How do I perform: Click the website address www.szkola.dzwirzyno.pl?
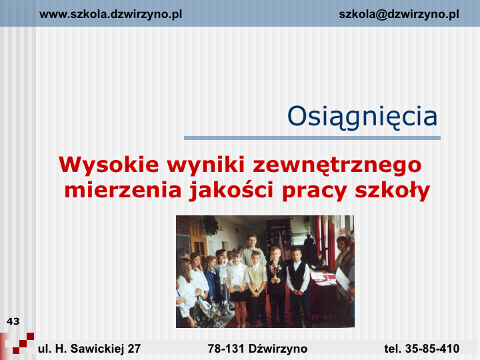(111, 15)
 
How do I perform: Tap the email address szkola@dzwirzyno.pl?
(399, 15)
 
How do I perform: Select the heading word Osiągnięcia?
(362, 117)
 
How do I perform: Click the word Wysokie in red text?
(109, 165)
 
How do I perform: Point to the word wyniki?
(206, 165)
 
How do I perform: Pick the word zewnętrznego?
(337, 165)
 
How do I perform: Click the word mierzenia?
(123, 190)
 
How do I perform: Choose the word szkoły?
(393, 191)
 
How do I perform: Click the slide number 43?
(13, 321)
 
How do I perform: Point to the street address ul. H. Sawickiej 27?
(89, 349)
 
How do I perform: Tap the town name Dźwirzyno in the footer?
(278, 349)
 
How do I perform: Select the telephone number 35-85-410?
(432, 349)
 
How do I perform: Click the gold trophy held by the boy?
(275, 271)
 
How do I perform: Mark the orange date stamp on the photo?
(325, 317)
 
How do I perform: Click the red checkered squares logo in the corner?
(22, 343)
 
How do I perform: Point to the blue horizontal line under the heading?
(312, 138)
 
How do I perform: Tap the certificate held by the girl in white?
(236, 282)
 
